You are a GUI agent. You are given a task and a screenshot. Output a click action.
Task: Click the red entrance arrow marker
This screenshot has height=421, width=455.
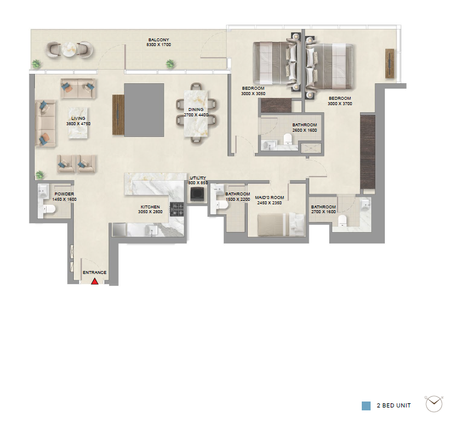tap(94, 281)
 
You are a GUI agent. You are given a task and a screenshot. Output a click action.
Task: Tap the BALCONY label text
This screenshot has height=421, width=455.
tap(158, 40)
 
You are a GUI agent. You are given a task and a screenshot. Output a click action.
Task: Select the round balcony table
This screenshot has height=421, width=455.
tap(69, 50)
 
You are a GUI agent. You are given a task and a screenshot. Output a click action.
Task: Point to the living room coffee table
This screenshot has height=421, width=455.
tap(78, 123)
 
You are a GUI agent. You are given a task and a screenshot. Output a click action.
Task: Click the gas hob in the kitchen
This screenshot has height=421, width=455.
tap(177, 209)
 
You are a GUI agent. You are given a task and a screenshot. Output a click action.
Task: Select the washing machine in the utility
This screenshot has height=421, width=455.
tap(198, 194)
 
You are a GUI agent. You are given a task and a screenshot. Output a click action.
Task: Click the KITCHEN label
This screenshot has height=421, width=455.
tap(150, 207)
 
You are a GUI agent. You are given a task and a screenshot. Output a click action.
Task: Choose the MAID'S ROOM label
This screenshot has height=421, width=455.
tap(270, 197)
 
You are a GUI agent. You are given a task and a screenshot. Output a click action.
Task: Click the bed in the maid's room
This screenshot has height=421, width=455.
tap(281, 224)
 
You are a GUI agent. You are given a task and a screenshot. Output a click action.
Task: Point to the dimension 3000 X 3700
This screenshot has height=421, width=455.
tap(340, 103)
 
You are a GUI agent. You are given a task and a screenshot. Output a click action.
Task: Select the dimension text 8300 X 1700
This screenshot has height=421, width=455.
tap(158, 45)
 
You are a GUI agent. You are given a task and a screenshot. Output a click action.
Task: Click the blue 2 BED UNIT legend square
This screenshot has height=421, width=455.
tap(366, 406)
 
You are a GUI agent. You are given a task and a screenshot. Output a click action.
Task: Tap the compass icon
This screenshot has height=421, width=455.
tap(434, 403)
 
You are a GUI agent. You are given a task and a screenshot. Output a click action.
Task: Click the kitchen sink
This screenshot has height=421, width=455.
tap(152, 230)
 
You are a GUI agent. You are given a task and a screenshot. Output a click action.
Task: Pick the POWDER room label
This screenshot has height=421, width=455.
tap(64, 194)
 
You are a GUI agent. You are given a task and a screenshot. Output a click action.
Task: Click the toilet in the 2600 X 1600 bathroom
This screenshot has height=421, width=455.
tap(287, 139)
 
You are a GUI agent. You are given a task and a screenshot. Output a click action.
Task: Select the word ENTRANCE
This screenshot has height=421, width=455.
tap(94, 273)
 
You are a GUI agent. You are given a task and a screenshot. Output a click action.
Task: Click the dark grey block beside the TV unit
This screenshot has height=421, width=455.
tap(144, 110)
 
